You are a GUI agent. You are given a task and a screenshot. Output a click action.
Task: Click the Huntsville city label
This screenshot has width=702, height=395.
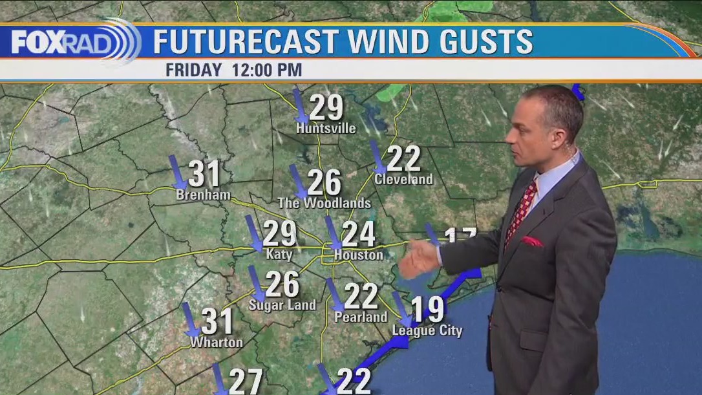point(326,129)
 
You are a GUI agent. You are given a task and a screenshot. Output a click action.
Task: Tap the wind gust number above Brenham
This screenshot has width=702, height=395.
point(204,174)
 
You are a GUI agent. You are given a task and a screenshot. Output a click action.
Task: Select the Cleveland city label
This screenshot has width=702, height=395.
point(403,179)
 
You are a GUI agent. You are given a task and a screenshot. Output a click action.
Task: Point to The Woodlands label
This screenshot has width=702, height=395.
point(324,203)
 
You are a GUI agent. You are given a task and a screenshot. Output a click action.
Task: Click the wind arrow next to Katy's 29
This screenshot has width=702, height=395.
point(253,233)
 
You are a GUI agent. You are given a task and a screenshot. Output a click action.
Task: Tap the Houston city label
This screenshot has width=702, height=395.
point(358,255)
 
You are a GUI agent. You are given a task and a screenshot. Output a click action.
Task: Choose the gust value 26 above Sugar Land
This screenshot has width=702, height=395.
point(282,284)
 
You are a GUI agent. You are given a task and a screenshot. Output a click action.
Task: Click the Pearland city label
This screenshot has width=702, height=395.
point(361,317)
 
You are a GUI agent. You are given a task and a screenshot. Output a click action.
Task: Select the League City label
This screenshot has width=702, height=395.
point(427,331)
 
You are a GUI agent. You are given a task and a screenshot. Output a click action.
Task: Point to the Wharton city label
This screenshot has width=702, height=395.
point(216,343)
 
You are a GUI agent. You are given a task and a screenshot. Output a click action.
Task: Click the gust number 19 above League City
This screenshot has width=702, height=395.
point(428,309)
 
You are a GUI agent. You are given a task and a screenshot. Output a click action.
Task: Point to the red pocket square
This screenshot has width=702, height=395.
point(533,242)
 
